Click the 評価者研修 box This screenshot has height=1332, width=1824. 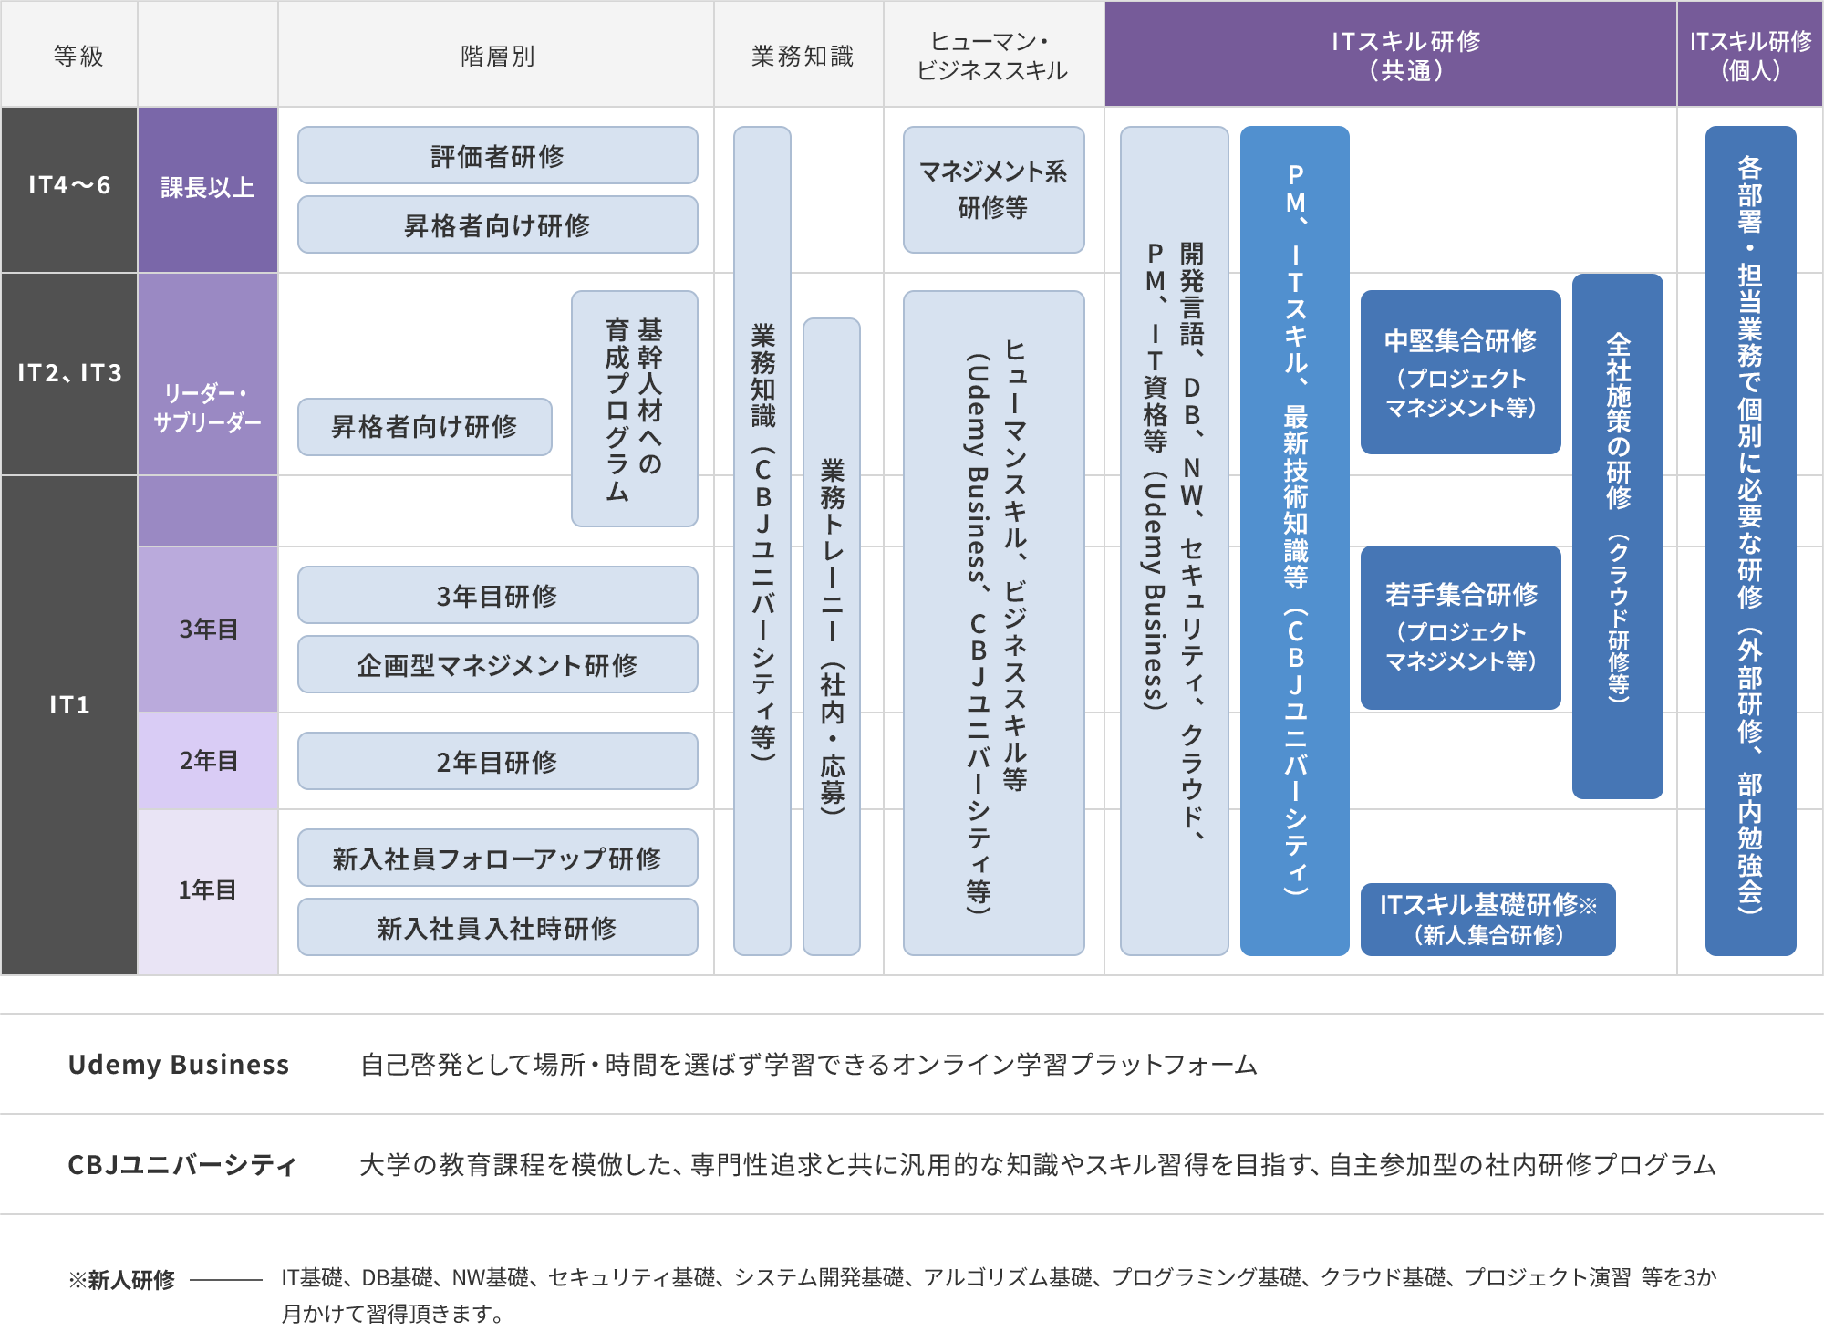(497, 155)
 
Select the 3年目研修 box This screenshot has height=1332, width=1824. (497, 595)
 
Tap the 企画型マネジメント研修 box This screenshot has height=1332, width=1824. (497, 664)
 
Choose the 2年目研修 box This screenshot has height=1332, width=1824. (497, 761)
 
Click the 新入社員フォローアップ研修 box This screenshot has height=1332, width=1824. (497, 858)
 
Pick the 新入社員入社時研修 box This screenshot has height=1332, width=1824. (497, 927)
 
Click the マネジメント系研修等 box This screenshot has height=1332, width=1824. (993, 189)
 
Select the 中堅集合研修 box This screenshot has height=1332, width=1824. (1460, 371)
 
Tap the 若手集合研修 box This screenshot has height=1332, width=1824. (1460, 627)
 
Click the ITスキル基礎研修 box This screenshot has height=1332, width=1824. (1487, 919)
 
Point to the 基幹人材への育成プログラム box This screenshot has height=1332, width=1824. (634, 408)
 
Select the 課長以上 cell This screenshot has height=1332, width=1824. (207, 189)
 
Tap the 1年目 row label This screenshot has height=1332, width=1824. (207, 890)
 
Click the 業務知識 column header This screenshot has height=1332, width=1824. (802, 56)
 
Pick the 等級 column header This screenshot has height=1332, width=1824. (78, 56)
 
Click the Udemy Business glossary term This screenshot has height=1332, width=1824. (178, 1064)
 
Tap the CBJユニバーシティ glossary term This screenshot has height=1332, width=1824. (182, 1164)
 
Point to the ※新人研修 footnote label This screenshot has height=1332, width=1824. (121, 1279)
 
